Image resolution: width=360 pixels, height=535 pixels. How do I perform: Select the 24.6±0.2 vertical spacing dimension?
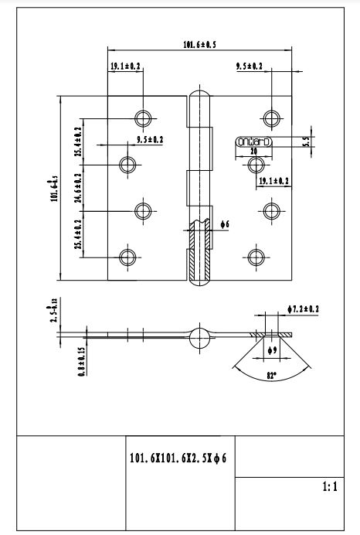pos(78,188)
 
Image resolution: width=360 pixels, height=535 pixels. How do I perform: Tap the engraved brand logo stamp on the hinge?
pos(253,141)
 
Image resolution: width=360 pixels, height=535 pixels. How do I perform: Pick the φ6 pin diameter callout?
pos(224,224)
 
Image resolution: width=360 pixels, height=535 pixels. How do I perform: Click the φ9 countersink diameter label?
pos(271,350)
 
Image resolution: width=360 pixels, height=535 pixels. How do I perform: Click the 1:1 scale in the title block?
pos(328,488)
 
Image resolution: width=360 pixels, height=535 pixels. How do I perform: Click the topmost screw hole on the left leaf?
pos(144,118)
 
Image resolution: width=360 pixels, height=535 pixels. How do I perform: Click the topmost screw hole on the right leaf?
pos(271,118)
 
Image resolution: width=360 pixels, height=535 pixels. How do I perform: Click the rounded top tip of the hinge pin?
pos(199,96)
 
